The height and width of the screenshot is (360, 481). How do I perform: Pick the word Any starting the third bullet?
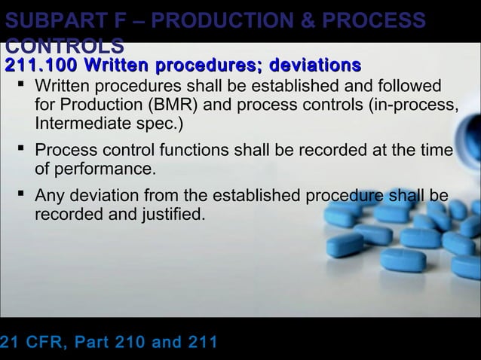click(50, 197)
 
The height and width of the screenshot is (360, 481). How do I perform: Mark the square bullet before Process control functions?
click(20, 150)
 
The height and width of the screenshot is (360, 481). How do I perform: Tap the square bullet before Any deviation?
click(20, 197)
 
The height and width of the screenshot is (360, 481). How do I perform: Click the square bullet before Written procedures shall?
click(20, 86)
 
